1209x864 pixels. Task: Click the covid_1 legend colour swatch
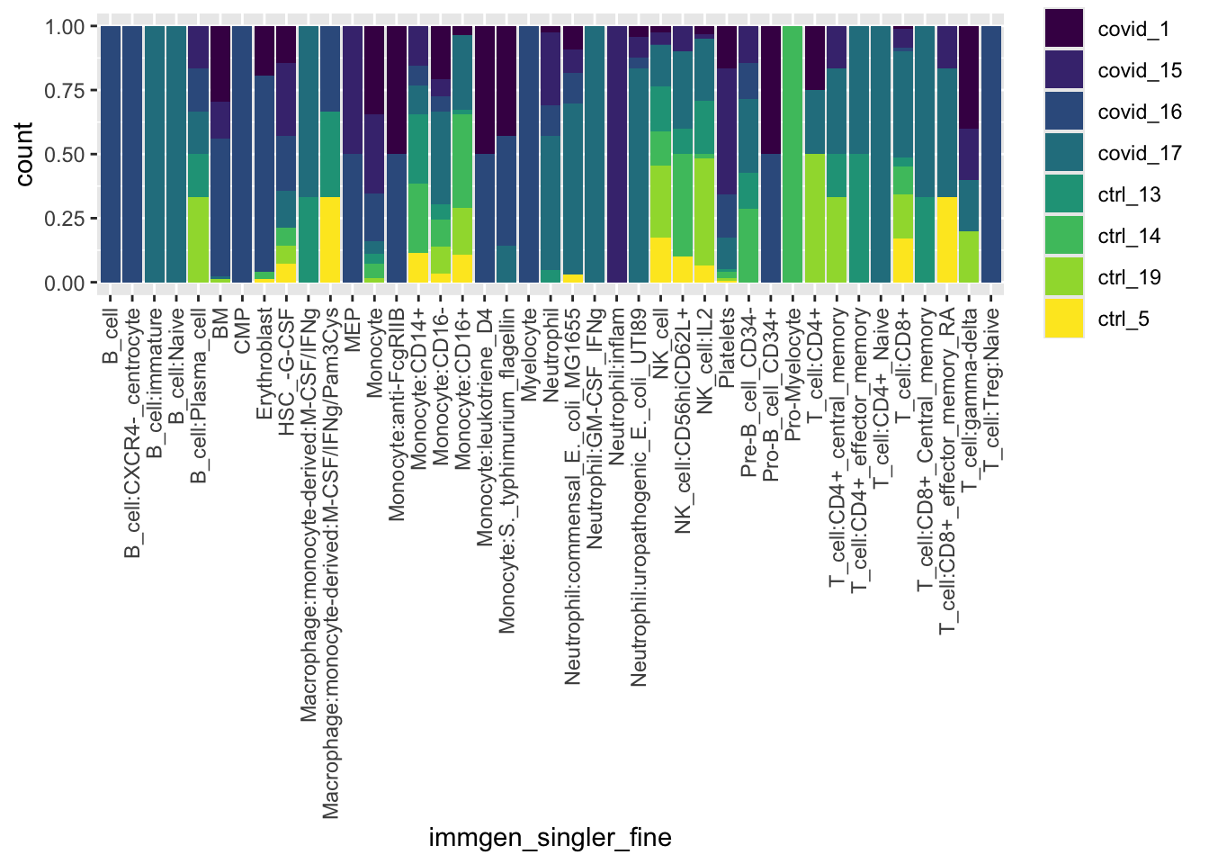tap(1063, 28)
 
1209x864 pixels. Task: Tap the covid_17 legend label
tap(1139, 153)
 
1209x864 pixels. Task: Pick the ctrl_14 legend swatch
tap(1063, 236)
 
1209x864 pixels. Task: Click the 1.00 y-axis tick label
tap(65, 27)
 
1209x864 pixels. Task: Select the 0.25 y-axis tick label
tap(65, 219)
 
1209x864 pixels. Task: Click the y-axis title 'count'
tap(24, 155)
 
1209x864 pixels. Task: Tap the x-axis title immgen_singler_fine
tap(550, 838)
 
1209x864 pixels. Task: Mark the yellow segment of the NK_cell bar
tap(660, 260)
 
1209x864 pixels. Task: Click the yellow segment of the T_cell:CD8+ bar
tap(903, 261)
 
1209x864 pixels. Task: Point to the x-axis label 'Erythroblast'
tap(264, 364)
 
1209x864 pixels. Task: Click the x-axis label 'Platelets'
tap(727, 347)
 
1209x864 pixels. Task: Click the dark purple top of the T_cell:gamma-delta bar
tap(969, 76)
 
